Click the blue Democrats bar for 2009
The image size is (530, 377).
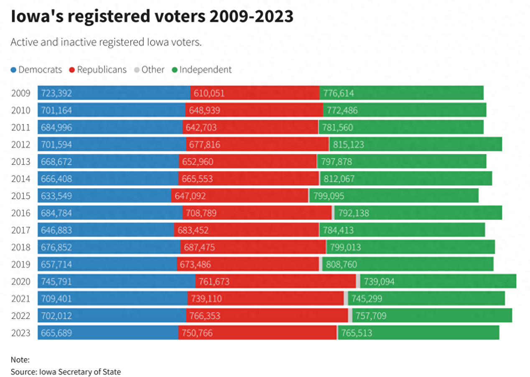tap(114, 93)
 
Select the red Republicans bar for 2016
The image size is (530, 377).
tap(257, 213)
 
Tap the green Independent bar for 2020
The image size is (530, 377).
tap(438, 281)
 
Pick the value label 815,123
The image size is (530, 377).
tap(348, 144)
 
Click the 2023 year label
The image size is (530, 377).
tap(21, 333)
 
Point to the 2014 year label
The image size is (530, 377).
tap(21, 179)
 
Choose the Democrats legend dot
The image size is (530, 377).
tap(13, 70)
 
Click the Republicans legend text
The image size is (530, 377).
tap(102, 69)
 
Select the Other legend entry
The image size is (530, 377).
tap(149, 69)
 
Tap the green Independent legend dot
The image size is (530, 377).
tap(175, 70)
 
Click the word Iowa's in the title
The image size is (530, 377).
tap(37, 16)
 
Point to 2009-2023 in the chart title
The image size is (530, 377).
tap(251, 16)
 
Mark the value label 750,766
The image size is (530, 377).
tap(197, 333)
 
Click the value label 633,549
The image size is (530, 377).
tap(56, 196)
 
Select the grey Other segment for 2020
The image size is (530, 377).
tap(358, 281)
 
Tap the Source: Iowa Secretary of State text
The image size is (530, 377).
tap(66, 372)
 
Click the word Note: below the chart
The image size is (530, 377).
tap(20, 360)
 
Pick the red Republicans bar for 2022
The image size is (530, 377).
tap(267, 316)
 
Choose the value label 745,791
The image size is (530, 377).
tap(56, 281)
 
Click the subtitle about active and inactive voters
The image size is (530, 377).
tap(106, 42)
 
